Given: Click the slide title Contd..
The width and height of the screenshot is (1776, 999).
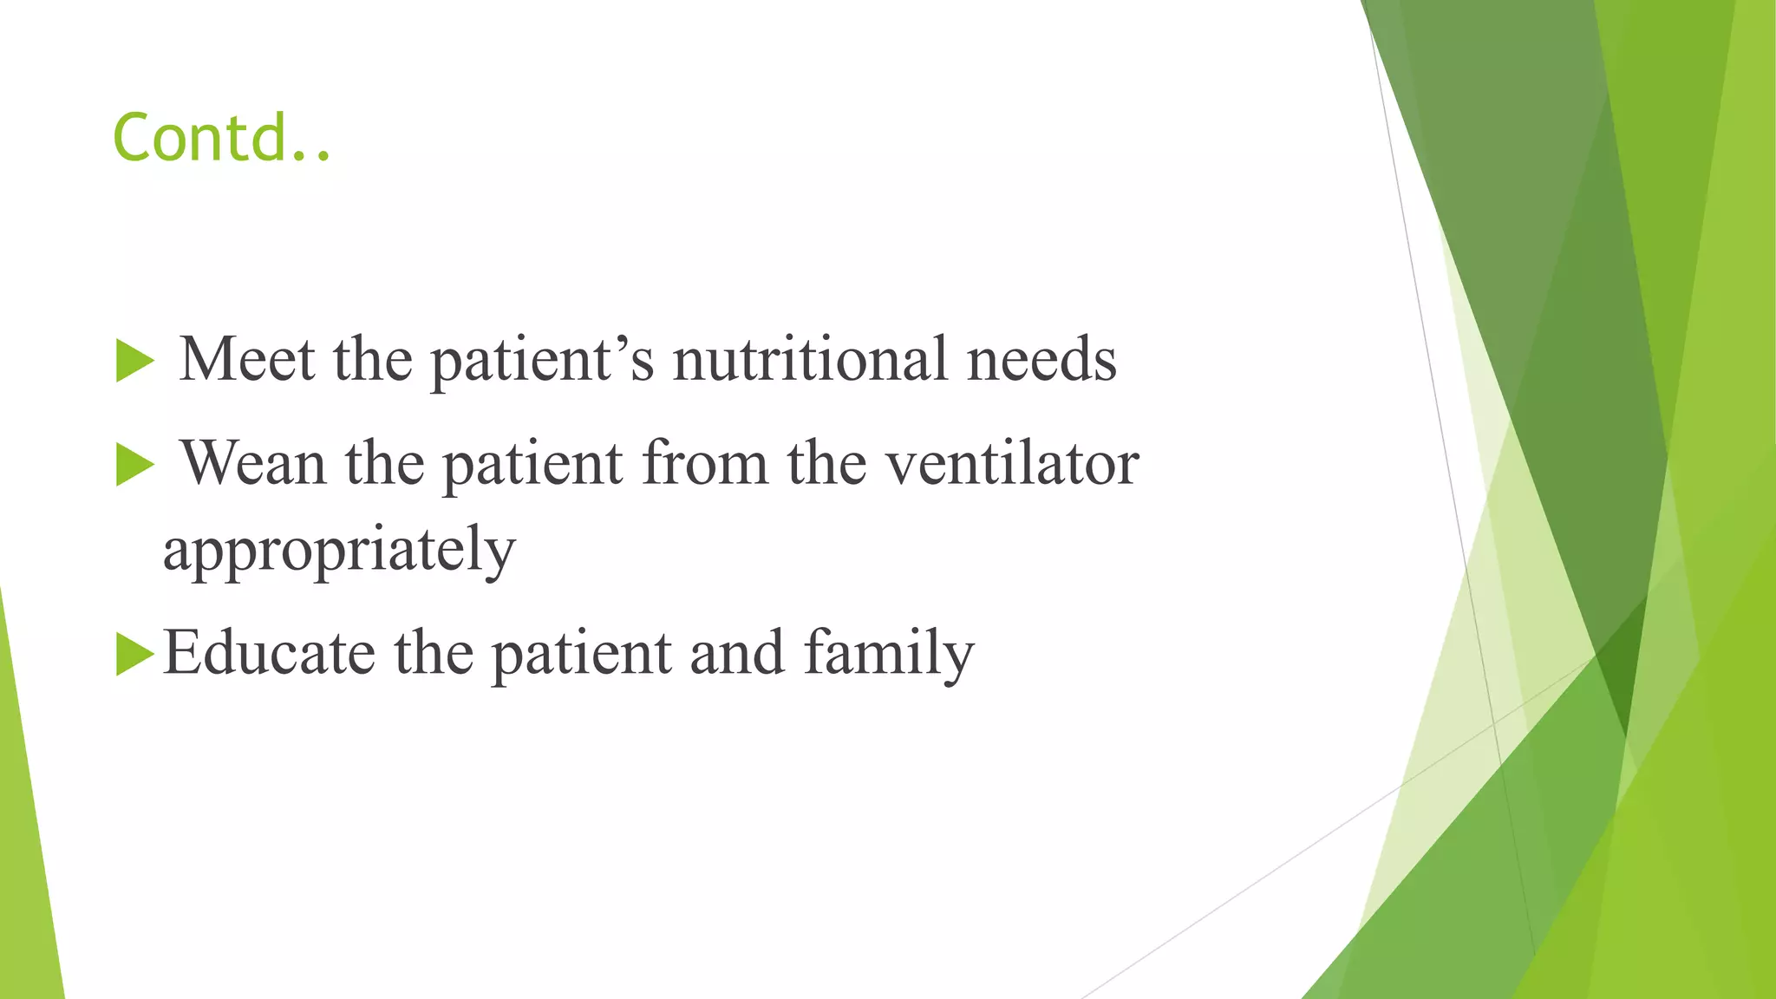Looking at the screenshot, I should pyautogui.click(x=221, y=138).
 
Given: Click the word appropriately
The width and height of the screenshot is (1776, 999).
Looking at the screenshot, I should pyautogui.click(x=339, y=550).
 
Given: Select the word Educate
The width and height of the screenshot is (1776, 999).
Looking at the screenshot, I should pyautogui.click(x=269, y=652).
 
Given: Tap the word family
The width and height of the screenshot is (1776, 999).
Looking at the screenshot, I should pyautogui.click(x=889, y=654).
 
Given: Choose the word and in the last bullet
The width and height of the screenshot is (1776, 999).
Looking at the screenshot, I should pyautogui.click(x=737, y=652).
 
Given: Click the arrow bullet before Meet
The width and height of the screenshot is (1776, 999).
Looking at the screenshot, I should pyautogui.click(x=134, y=361).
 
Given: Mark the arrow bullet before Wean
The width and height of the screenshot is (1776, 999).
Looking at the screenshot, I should pyautogui.click(x=134, y=465).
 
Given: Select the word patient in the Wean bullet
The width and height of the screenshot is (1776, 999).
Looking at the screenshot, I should pyautogui.click(x=532, y=464).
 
